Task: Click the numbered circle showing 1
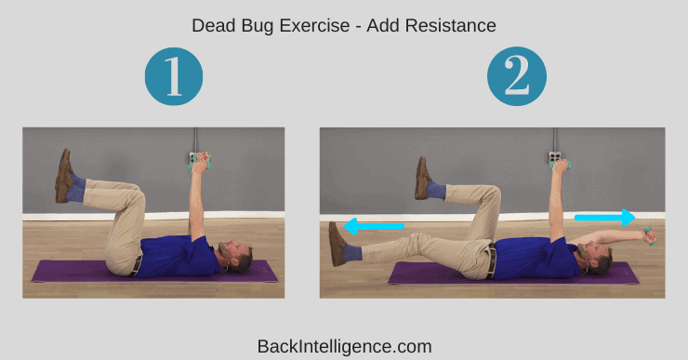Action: (174, 76)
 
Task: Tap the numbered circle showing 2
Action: (517, 76)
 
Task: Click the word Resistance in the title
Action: (451, 25)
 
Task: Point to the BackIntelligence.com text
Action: (344, 346)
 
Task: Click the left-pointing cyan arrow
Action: (374, 227)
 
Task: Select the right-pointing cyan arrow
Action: (604, 218)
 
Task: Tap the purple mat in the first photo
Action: (154, 271)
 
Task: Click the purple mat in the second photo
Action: (513, 273)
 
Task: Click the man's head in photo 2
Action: (595, 259)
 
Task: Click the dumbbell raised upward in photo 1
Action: (200, 160)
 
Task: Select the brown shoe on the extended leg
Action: (337, 244)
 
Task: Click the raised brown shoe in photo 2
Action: (422, 179)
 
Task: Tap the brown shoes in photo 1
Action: (64, 176)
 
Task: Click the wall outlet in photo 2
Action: (555, 157)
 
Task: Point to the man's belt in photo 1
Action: (138, 266)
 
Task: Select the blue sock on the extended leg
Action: (351, 254)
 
